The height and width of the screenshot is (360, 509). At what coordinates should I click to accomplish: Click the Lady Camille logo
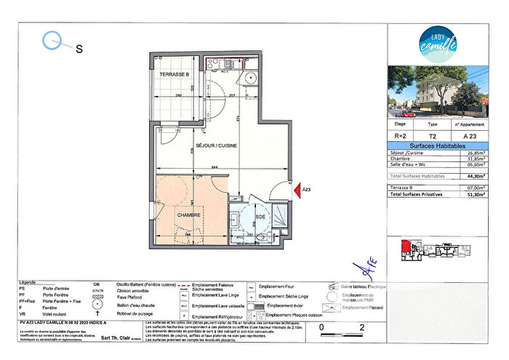[438, 42]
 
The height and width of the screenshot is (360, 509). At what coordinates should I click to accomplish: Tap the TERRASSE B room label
[175, 75]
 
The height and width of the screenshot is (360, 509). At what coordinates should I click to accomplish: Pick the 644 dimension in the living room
[215, 169]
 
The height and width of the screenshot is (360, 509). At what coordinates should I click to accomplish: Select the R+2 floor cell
[401, 135]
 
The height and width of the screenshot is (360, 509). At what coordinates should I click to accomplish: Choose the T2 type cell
[433, 135]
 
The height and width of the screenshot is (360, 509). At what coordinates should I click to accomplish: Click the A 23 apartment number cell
[470, 135]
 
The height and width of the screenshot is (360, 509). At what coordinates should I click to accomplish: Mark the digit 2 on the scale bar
[362, 329]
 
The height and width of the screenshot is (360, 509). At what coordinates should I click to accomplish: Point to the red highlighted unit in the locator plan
[406, 245]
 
